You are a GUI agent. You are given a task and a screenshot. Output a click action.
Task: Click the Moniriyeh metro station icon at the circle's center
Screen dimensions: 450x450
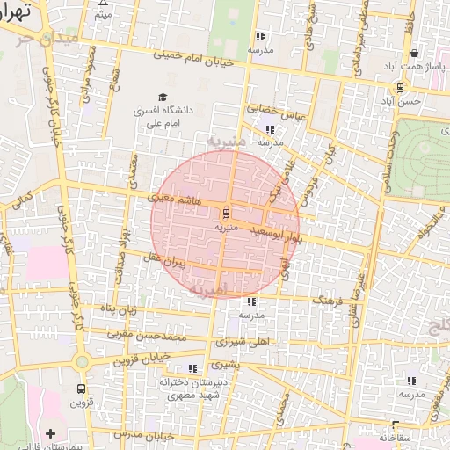coord(225,213)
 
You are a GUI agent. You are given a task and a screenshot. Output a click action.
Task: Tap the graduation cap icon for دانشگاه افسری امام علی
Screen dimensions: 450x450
coord(163,97)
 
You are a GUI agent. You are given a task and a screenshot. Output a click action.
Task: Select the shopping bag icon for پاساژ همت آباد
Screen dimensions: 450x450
coord(414,53)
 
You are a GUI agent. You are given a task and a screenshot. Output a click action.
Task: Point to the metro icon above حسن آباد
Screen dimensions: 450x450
coord(401,87)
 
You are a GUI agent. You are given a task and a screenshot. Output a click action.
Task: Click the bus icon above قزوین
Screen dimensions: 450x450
coord(82,388)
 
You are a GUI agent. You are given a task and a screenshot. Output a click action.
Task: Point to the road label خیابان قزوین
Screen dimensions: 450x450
coord(140,359)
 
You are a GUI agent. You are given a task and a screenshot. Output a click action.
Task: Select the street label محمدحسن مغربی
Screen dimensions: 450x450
coord(146,335)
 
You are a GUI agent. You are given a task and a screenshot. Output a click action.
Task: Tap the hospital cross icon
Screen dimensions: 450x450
coord(50,432)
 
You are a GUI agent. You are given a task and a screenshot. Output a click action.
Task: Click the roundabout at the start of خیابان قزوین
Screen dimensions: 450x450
coord(81,360)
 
